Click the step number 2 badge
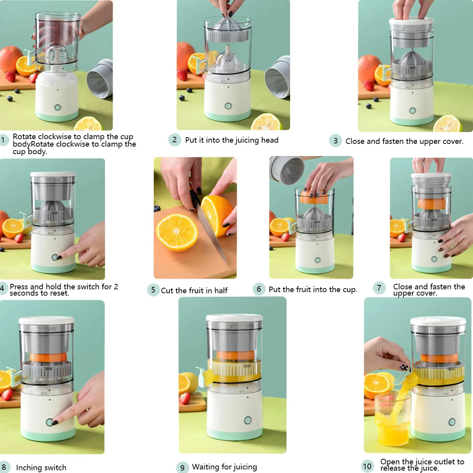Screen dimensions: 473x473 click(x=175, y=140)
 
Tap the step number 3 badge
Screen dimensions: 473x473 click(x=335, y=141)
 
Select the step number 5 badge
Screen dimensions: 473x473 click(x=153, y=290)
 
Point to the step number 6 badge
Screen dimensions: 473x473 click(x=259, y=289)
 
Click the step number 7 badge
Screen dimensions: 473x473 click(x=379, y=288)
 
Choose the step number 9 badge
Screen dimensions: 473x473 click(x=182, y=467)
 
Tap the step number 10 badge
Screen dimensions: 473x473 click(x=367, y=466)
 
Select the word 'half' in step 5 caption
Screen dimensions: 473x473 click(x=221, y=291)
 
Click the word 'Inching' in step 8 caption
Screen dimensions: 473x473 click(x=30, y=467)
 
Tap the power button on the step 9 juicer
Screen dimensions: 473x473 click(x=248, y=420)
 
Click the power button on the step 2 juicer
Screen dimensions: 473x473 click(x=228, y=106)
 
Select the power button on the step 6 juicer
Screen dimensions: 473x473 click(x=317, y=260)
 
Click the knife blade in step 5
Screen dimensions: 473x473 click(x=213, y=236)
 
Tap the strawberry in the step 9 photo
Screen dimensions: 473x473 click(x=184, y=398)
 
